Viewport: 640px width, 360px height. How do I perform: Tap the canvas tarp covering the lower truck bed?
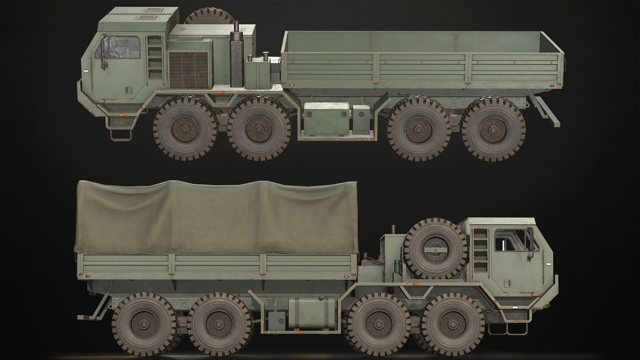click(x=217, y=217)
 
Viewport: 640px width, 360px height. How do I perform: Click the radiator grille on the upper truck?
click(x=188, y=68)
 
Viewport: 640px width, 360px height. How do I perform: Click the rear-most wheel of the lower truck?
click(x=144, y=324)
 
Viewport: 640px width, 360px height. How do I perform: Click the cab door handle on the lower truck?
click(x=507, y=283)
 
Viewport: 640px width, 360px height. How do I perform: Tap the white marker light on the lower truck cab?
click(x=549, y=264)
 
